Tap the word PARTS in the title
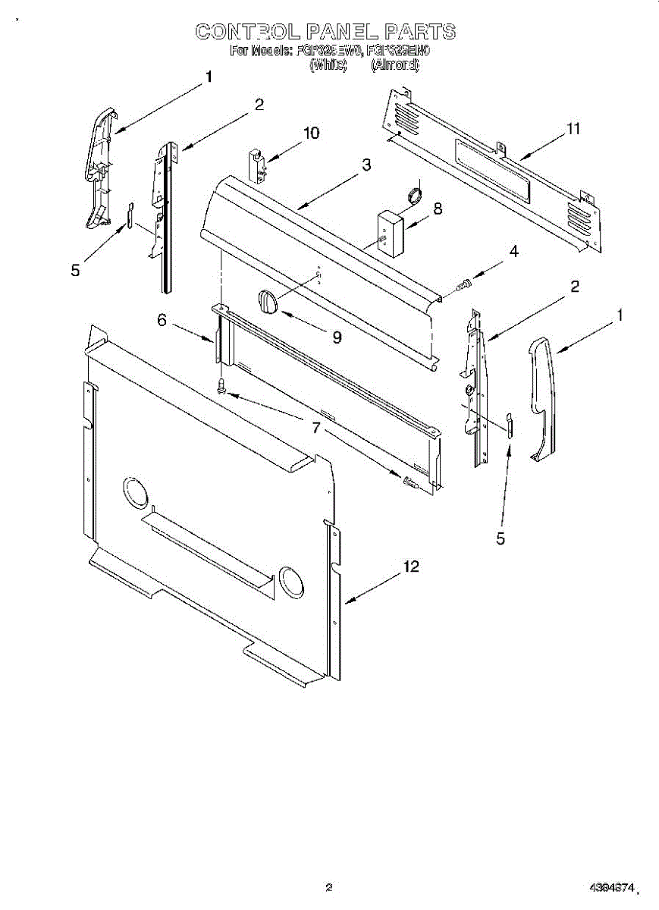[x=420, y=31]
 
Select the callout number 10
[x=310, y=133]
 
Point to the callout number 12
[x=410, y=566]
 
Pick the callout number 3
[x=366, y=165]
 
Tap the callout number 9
[x=337, y=337]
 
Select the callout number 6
[x=162, y=321]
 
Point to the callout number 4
[x=513, y=252]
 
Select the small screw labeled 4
[x=464, y=285]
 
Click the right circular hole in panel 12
[x=290, y=580]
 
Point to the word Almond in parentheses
[x=394, y=65]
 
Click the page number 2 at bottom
[x=328, y=887]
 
